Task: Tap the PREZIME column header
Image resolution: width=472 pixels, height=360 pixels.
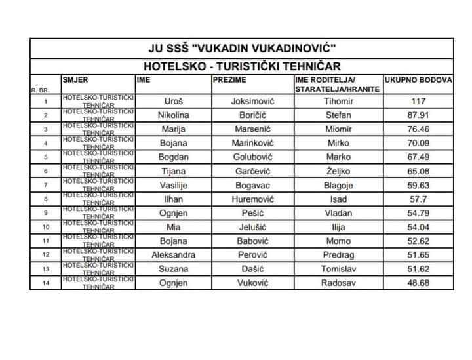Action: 229,79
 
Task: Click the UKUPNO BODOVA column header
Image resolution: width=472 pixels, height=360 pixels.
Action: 418,79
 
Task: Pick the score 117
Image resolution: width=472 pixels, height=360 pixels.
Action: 418,101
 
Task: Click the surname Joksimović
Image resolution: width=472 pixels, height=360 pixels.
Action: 252,101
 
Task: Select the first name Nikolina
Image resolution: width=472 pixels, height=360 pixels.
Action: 174,115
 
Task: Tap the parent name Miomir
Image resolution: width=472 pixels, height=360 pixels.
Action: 338,129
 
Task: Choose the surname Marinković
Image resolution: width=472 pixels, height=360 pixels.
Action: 252,143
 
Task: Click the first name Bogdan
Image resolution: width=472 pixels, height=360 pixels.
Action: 174,157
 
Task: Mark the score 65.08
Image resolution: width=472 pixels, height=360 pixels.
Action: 418,170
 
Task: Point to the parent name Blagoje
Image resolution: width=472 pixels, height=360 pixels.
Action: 338,185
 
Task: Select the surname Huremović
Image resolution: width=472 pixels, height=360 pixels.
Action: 252,199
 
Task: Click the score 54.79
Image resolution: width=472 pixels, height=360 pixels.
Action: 418,212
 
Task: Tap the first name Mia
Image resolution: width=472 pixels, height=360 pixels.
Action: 174,227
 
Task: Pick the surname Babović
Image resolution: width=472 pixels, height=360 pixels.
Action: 252,241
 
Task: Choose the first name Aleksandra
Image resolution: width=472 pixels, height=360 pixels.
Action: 174,254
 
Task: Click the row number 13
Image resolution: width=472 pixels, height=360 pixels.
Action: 45,269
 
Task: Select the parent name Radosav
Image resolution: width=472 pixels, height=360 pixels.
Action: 338,283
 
